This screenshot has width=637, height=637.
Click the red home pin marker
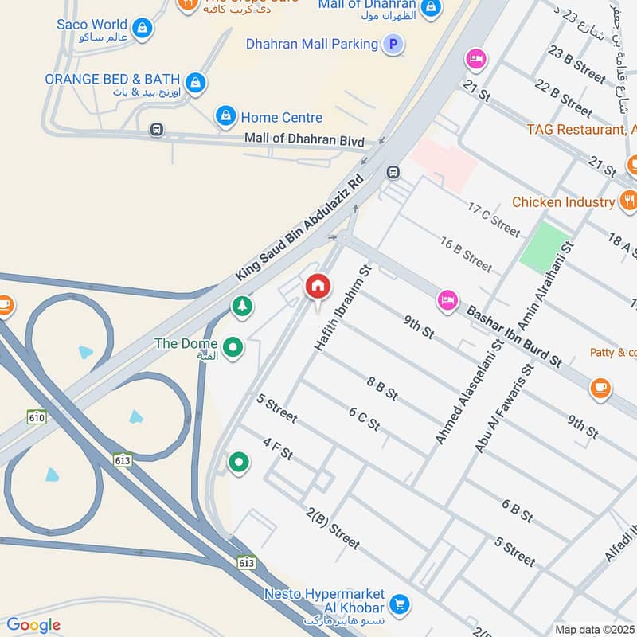click(318, 287)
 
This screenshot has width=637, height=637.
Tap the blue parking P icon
click(392, 45)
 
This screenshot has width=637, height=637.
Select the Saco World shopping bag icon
click(142, 28)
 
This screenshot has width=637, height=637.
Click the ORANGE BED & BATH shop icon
click(194, 81)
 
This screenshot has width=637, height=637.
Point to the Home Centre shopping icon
click(226, 117)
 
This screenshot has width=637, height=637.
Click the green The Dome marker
click(233, 347)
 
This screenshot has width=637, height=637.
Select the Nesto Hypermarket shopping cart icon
click(401, 604)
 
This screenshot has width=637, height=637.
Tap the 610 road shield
click(37, 416)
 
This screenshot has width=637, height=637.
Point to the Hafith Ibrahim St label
click(343, 308)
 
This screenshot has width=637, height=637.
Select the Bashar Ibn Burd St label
click(514, 336)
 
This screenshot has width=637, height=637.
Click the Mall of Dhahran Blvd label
click(304, 139)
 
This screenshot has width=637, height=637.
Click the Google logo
click(33, 626)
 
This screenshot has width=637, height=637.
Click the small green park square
click(545, 244)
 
